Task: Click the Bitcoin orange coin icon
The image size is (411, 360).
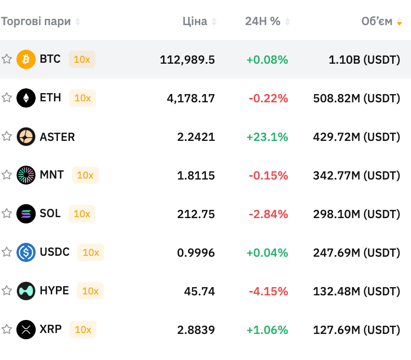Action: tap(26, 59)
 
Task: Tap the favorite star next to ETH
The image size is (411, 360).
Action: tap(7, 98)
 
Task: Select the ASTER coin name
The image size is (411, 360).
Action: tap(57, 137)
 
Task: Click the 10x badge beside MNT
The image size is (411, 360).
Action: tap(85, 175)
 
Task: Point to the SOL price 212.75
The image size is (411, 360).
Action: tap(196, 214)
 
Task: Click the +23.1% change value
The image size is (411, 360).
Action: tap(267, 137)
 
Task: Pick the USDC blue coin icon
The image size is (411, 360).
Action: tap(26, 252)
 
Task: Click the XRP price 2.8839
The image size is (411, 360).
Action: tap(196, 330)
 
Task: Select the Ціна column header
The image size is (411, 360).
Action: tap(195, 21)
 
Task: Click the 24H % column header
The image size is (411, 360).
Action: tap(262, 21)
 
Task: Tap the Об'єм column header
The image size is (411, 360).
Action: tap(377, 21)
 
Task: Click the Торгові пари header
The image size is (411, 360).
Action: tap(36, 21)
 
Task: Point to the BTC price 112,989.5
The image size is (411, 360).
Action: tap(187, 59)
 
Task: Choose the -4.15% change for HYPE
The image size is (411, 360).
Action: tap(268, 291)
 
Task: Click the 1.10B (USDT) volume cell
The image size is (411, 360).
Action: tap(364, 59)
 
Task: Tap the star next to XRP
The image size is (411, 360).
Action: tap(7, 330)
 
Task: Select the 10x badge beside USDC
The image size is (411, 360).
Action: tap(91, 252)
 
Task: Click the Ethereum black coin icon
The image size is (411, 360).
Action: tap(26, 98)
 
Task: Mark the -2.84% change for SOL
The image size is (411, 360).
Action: tap(268, 214)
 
